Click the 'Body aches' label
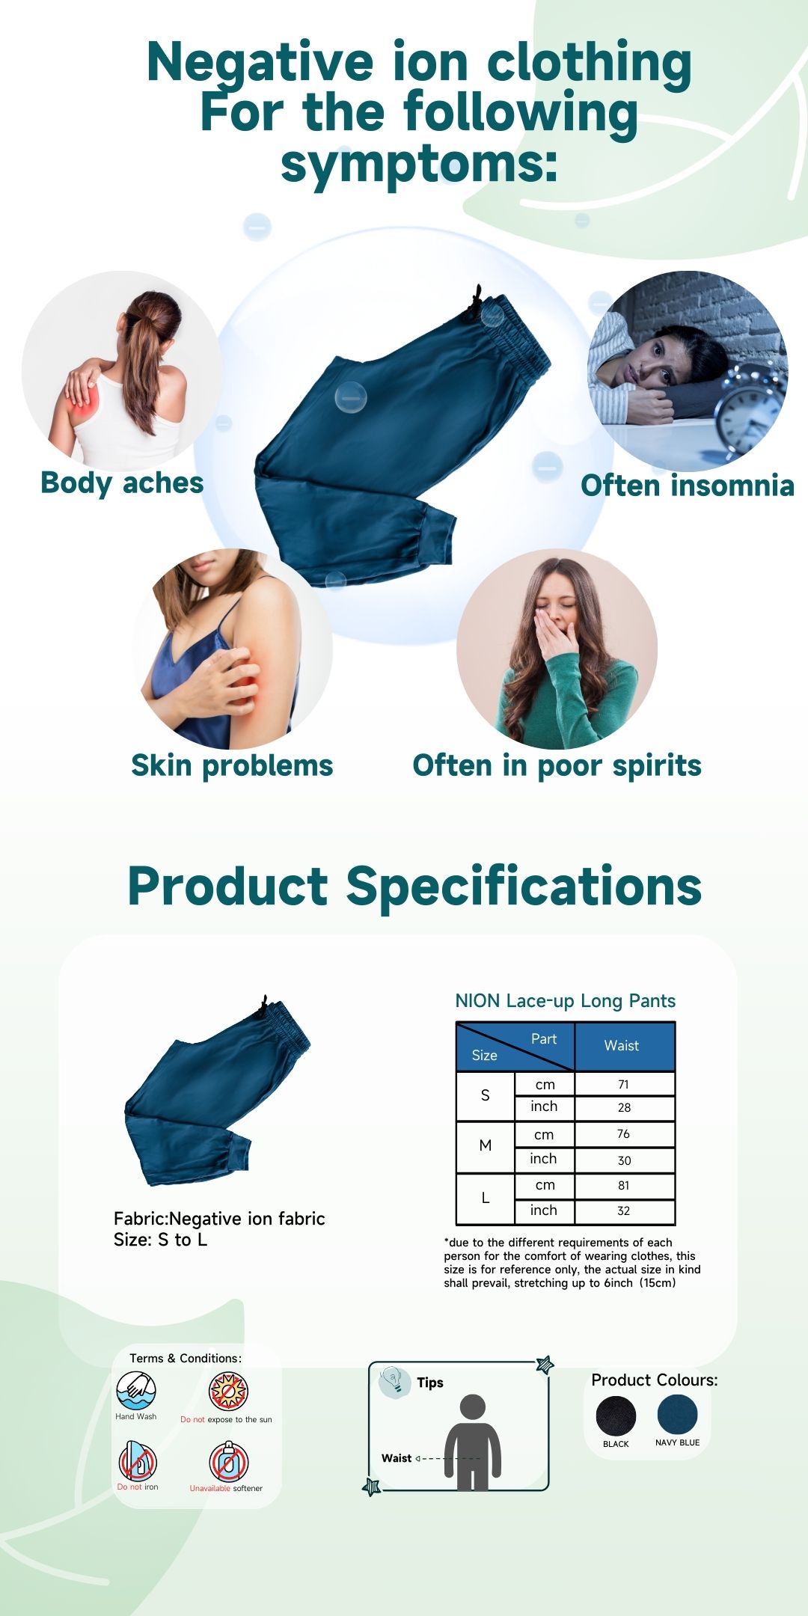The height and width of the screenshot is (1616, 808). point(122,483)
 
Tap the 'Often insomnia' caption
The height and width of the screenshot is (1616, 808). point(688,486)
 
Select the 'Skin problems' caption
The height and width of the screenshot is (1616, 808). point(232,766)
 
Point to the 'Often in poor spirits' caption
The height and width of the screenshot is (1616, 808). point(557,766)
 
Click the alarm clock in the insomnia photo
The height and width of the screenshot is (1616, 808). point(748,408)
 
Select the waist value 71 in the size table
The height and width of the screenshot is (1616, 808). point(624,1085)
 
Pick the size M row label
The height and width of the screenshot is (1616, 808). point(486,1145)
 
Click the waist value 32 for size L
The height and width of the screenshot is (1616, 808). point(624,1211)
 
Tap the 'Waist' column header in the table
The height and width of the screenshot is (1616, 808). point(622,1046)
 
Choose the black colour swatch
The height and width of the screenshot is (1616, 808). point(616,1415)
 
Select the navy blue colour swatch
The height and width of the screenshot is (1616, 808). point(677,1414)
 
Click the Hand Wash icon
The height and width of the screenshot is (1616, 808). point(136,1390)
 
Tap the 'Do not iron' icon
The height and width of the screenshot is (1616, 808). point(138,1461)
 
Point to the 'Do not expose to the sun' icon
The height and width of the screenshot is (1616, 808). point(228,1391)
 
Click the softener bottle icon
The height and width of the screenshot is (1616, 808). point(228,1461)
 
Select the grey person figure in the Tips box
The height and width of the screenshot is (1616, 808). point(473,1442)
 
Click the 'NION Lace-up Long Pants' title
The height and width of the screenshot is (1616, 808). point(566,1001)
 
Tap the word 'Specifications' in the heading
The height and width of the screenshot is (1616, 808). point(524,887)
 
